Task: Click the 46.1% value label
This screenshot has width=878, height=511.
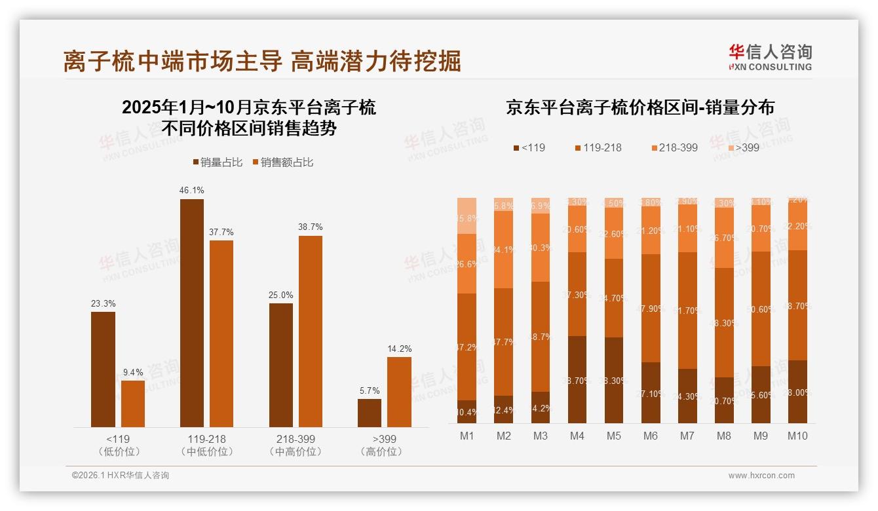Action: (191, 190)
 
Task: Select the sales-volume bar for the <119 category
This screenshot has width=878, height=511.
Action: (103, 369)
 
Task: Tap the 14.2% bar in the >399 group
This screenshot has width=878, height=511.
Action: (399, 392)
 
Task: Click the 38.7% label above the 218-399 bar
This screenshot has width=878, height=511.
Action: (310, 227)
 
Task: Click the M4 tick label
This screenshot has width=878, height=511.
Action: (577, 436)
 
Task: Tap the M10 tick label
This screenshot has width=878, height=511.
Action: (797, 436)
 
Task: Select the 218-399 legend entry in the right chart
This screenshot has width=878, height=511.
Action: (674, 147)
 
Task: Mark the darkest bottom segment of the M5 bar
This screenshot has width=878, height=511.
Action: (613, 380)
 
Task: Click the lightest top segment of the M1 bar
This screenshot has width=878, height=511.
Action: (467, 215)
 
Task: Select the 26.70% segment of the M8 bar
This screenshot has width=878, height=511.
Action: (723, 238)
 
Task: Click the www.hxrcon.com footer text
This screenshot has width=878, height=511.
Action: (761, 476)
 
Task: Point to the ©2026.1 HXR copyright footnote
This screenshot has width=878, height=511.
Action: (120, 476)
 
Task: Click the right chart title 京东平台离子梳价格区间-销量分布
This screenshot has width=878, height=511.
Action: (639, 107)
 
